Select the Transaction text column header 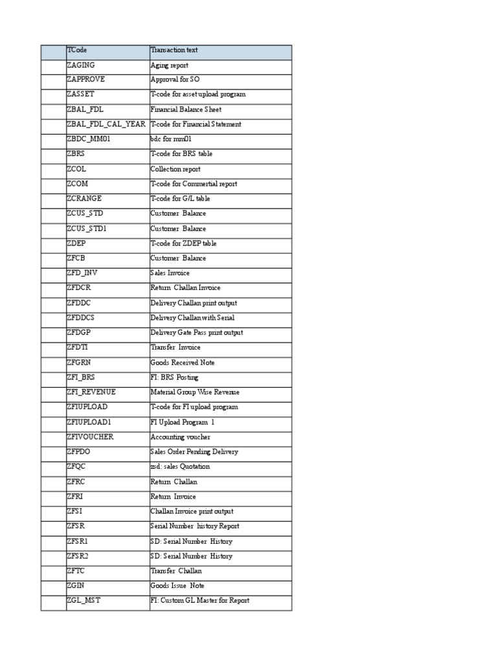tap(174, 51)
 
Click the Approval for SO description tap(175, 80)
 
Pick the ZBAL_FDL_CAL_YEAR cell tap(105, 124)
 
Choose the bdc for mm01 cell tap(171, 139)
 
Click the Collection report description tap(175, 169)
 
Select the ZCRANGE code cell tap(83, 199)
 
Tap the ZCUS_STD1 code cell tap(85, 229)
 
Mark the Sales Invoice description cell tap(170, 273)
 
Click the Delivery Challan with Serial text tap(192, 318)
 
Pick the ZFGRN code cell tap(80, 363)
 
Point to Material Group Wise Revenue tap(194, 392)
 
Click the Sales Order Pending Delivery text tap(194, 452)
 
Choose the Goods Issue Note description tap(177, 586)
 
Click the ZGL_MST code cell tap(83, 601)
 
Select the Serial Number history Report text tap(195, 526)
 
